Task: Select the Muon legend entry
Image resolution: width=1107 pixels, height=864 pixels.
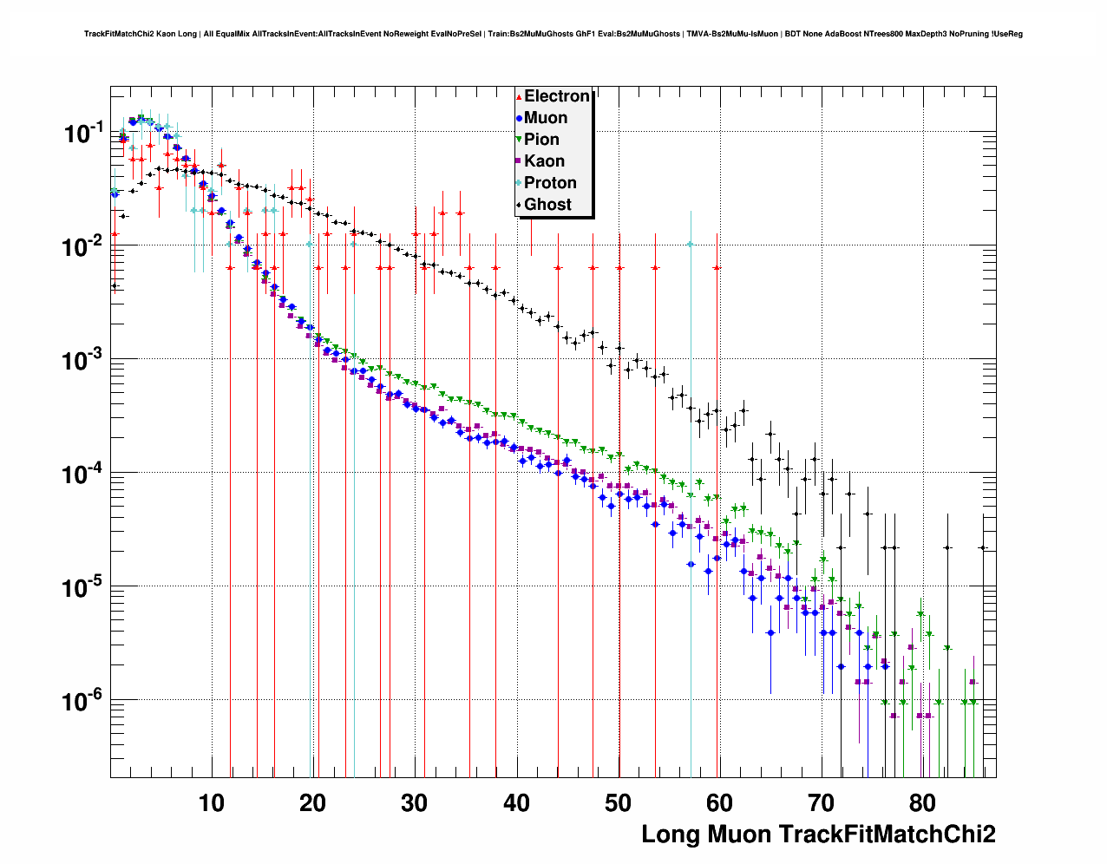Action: [546, 118]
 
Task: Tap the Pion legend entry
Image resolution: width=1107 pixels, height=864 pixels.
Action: [541, 140]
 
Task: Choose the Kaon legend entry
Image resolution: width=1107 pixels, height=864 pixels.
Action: [544, 161]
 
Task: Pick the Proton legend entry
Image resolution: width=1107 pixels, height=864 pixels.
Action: [550, 183]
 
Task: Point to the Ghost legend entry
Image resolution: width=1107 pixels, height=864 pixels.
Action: [547, 205]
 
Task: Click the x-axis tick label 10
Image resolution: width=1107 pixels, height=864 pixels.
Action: [212, 803]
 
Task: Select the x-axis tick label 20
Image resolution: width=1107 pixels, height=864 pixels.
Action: [313, 803]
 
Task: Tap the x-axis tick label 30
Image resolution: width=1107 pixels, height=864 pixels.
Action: [415, 803]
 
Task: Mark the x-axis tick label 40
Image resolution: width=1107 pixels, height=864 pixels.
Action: [516, 803]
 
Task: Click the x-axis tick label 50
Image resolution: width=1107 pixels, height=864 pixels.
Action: [618, 803]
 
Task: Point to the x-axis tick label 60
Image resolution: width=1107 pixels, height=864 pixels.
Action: [719, 803]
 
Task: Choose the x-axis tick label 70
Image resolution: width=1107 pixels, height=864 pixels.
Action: [821, 803]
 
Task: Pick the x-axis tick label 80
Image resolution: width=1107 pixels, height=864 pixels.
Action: [922, 803]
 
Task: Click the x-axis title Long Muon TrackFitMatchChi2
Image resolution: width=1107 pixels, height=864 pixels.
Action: [818, 835]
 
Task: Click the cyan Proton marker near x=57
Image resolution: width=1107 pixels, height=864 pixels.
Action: [691, 244]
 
